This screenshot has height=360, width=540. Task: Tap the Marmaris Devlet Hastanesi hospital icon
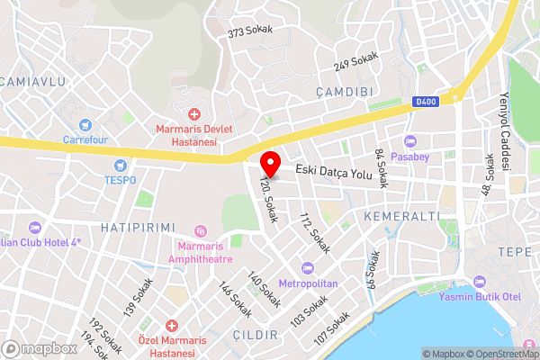tap(194, 113)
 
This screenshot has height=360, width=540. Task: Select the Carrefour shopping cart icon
tap(85, 124)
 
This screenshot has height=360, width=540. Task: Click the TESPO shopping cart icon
tap(121, 165)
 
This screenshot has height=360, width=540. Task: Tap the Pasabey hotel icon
tap(410, 141)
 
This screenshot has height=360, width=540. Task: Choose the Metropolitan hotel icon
tap(308, 268)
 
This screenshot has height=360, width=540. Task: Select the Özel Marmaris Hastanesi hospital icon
tap(171, 325)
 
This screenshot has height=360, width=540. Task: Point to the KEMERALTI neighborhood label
tap(401, 217)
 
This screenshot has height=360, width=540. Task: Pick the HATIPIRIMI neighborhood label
tap(138, 228)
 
